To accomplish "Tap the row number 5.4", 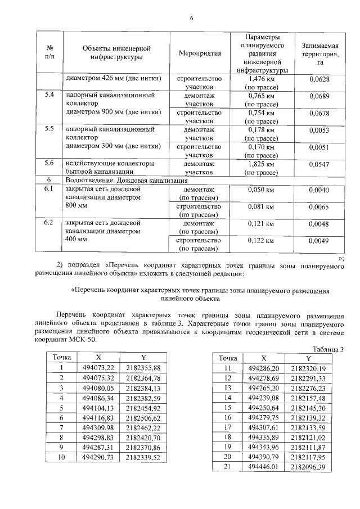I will [49, 95].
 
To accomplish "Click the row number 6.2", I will [49, 223].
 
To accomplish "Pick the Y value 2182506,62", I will [143, 418].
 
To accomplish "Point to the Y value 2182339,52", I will [143, 458].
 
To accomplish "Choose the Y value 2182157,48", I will [308, 397].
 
